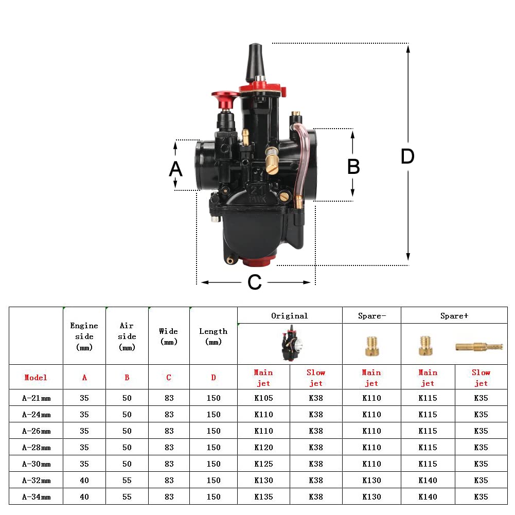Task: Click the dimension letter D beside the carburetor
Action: pyautogui.click(x=407, y=156)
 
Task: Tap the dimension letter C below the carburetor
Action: pyautogui.click(x=255, y=282)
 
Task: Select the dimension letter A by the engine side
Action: pyautogui.click(x=175, y=169)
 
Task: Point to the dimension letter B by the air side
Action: pyautogui.click(x=353, y=167)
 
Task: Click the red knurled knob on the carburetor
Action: pyautogui.click(x=225, y=98)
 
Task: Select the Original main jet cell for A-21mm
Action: pyautogui.click(x=263, y=398)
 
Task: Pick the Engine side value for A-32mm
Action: pyautogui.click(x=84, y=480)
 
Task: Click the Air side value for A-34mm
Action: pyautogui.click(x=127, y=496)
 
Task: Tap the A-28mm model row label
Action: pyautogui.click(x=36, y=447)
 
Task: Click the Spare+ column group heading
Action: pyautogui.click(x=454, y=316)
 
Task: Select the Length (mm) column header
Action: pyautogui.click(x=213, y=336)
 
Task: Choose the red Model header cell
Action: pyautogui.click(x=36, y=377)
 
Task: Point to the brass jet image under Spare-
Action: pyautogui.click(x=371, y=346)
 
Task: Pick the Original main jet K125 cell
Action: pyautogui.click(x=263, y=464)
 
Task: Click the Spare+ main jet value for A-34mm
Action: pyautogui.click(x=428, y=496)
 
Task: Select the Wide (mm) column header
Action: pyautogui.click(x=169, y=336)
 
